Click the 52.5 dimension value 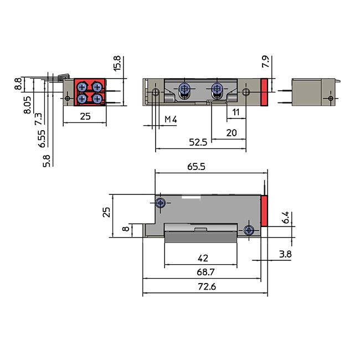197,142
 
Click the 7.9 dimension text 266,62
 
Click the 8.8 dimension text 18,85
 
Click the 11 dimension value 235,112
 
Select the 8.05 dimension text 27,104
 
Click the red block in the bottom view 265,211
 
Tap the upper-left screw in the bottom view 160,203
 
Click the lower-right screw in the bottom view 249,230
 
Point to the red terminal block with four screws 90,92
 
